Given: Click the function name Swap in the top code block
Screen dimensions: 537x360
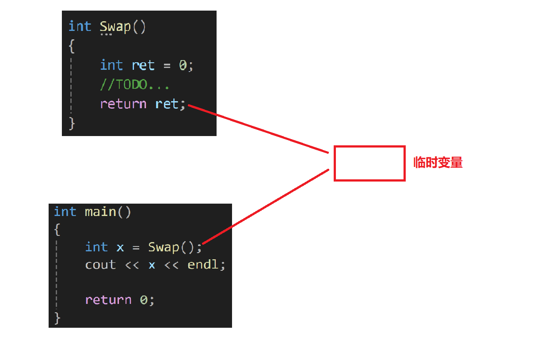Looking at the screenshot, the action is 115,27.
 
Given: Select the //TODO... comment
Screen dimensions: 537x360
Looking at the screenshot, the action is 135,85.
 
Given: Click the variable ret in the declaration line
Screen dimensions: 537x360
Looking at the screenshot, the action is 143,65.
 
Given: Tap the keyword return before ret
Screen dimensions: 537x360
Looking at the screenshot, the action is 123,104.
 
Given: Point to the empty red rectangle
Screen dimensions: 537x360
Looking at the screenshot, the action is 369,163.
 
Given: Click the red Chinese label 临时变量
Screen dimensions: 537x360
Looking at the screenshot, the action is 438,163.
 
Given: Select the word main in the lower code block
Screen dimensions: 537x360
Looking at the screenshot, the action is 100,212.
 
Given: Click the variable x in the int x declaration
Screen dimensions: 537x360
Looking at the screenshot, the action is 120,247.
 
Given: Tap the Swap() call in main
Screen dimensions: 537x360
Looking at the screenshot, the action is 171,247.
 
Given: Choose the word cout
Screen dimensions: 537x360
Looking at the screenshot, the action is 100,265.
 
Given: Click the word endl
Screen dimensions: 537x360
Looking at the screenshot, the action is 203,265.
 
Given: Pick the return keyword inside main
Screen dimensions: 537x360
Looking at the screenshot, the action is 108,300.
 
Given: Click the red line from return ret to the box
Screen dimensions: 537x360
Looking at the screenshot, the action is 259,129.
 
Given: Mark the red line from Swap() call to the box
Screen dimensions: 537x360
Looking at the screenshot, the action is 265,206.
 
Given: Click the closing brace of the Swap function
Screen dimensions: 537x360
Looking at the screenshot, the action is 72,123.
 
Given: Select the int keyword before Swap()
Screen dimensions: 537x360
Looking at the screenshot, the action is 80,27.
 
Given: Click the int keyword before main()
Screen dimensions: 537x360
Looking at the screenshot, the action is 65,212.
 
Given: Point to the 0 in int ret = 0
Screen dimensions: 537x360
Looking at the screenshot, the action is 183,65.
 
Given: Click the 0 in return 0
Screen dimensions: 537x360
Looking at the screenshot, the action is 144,300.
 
